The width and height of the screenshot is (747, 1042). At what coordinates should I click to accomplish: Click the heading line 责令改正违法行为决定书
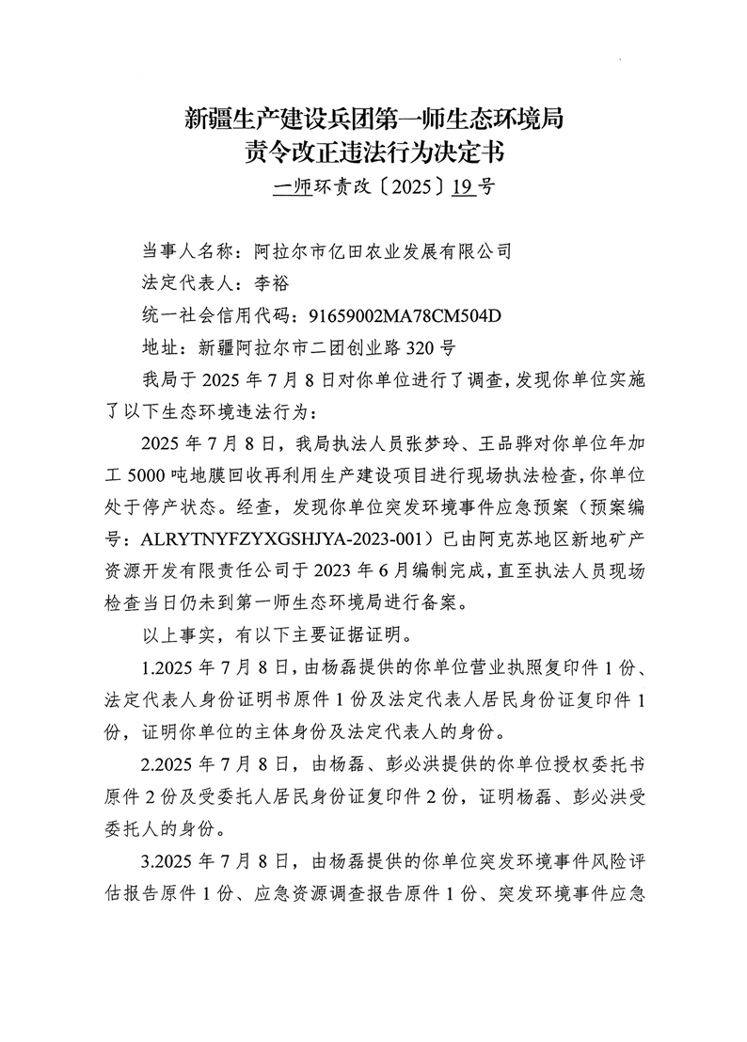pos(373,152)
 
